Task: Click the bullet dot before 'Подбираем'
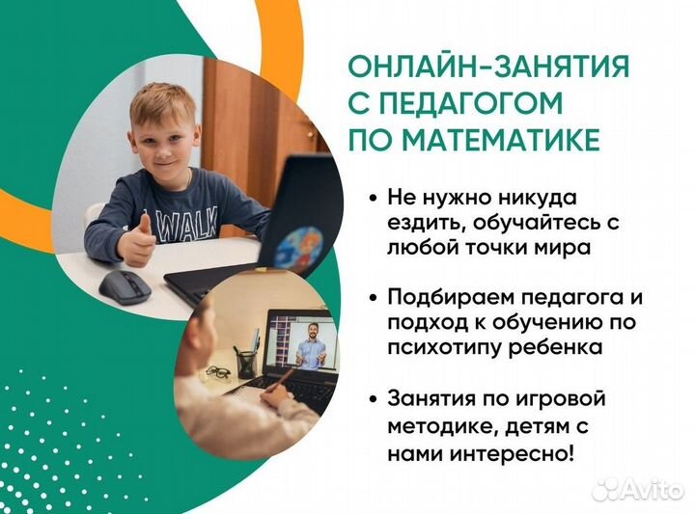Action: click(373, 297)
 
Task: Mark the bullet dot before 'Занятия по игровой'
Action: click(373, 398)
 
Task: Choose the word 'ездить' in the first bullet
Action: click(421, 222)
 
